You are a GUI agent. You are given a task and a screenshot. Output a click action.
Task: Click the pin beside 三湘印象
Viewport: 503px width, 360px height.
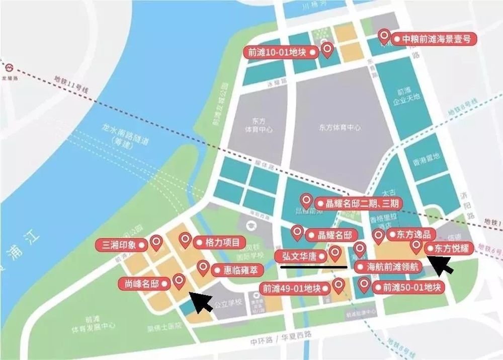click(156, 243)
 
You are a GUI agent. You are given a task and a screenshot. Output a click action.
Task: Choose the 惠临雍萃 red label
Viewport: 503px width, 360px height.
click(236, 270)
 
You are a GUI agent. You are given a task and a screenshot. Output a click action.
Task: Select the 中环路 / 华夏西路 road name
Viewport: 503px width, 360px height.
click(281, 334)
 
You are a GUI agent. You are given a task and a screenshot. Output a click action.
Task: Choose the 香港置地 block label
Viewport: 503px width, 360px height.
click(426, 157)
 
